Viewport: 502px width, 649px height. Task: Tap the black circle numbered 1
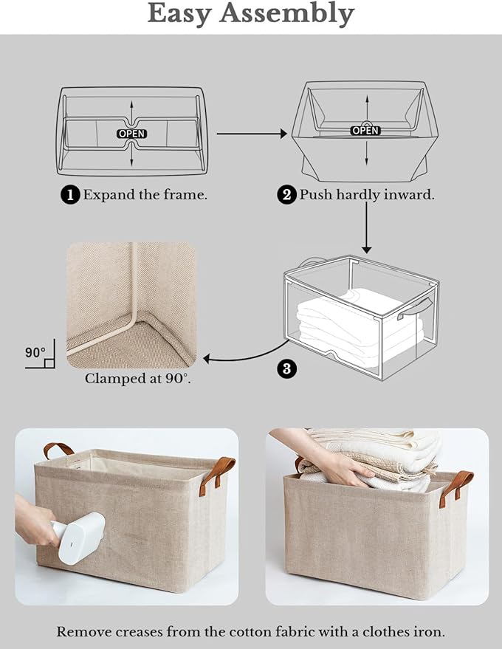click(x=70, y=195)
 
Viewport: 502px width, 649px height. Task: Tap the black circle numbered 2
click(x=286, y=195)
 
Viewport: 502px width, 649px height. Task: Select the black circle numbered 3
click(x=288, y=368)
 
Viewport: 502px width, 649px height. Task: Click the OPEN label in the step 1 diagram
click(x=131, y=134)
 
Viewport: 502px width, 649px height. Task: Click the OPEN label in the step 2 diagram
click(x=365, y=130)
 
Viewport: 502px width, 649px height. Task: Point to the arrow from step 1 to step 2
click(x=251, y=134)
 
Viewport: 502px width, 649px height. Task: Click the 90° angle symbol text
click(x=35, y=353)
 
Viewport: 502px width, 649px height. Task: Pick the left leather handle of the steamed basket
click(x=58, y=449)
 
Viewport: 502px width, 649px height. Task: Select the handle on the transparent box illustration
click(x=409, y=312)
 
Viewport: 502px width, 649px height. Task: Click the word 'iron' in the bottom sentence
click(x=429, y=632)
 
